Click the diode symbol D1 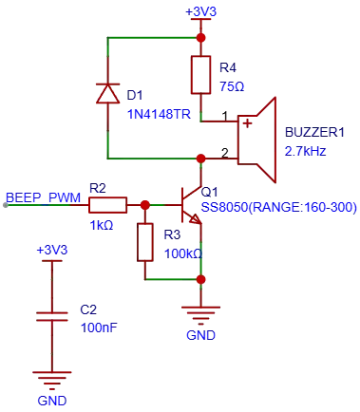(x=107, y=94)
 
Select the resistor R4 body (x=200, y=75)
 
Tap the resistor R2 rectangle (x=107, y=205)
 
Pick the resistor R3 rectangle (x=145, y=242)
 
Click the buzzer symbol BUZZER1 (x=256, y=140)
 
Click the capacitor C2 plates (x=52, y=316)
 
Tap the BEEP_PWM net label (x=43, y=198)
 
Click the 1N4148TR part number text (x=159, y=114)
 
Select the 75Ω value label (x=232, y=86)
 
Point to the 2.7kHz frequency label (x=305, y=151)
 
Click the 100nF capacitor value (x=99, y=328)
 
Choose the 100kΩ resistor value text (x=183, y=253)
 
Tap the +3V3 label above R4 (x=200, y=11)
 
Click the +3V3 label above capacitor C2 (x=52, y=251)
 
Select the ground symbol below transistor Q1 (x=200, y=315)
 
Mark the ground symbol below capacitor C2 (x=52, y=381)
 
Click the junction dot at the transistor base (x=145, y=205)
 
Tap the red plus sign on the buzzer (x=247, y=123)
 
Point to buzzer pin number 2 (x=224, y=153)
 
